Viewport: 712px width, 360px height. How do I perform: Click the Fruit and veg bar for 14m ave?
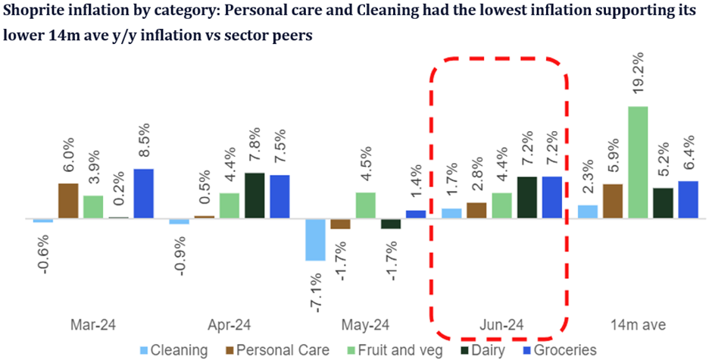638,162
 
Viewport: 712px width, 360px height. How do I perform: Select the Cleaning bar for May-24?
315,239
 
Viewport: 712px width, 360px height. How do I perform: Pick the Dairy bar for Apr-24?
255,196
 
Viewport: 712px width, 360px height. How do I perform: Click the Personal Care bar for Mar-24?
68,201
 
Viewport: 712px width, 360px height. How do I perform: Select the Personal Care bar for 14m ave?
613,201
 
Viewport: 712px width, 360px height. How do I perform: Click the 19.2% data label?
639,77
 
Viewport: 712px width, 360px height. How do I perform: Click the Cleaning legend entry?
173,349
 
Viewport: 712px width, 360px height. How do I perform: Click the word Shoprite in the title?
32,11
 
